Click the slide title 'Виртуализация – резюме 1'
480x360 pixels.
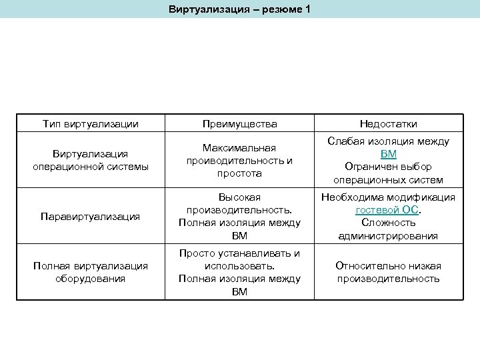pyautogui.click(x=239, y=10)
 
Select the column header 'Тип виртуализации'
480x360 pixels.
pyautogui.click(x=91, y=123)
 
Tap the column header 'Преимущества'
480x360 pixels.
pyautogui.click(x=239, y=123)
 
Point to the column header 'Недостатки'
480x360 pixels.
pyautogui.click(x=388, y=123)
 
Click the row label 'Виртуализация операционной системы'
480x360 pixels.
pyautogui.click(x=91, y=160)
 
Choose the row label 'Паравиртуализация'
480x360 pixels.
pyautogui.click(x=91, y=217)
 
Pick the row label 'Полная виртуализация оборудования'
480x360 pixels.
pyautogui.click(x=91, y=273)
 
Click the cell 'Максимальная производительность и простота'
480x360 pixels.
pyautogui.click(x=239, y=160)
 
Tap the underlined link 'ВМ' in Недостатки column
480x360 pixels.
pyautogui.click(x=388, y=154)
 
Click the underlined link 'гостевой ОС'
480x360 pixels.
pyautogui.click(x=387, y=209)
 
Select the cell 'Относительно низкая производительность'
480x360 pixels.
pyautogui.click(x=388, y=273)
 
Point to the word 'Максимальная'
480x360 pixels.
pyautogui.click(x=239, y=147)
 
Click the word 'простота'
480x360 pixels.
pyautogui.click(x=239, y=173)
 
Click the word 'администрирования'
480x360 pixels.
pyautogui.click(x=388, y=235)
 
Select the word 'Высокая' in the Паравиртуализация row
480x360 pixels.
pyautogui.click(x=239, y=197)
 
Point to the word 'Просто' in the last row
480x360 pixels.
pyautogui.click(x=196, y=253)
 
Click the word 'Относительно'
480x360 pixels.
pyautogui.click(x=367, y=266)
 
